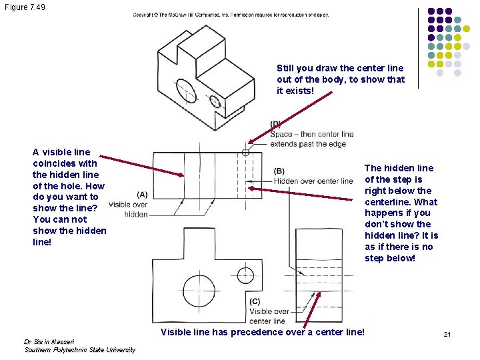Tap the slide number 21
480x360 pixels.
pos(447,333)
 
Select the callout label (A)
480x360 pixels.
pos(142,194)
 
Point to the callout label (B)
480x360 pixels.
pos(279,171)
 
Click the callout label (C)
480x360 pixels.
pos(255,301)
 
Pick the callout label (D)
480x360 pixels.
pos(275,124)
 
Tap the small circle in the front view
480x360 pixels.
pos(247,275)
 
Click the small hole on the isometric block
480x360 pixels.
pos(215,101)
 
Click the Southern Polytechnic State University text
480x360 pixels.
pos(79,350)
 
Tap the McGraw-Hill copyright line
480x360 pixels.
pos(230,14)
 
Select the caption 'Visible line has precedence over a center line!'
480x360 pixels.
pos(263,332)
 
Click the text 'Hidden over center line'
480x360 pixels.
pos(313,181)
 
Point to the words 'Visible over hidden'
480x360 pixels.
pos(127,209)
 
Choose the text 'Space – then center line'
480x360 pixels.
pos(312,135)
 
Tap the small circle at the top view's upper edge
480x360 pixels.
pos(246,153)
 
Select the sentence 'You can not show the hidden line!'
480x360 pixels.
pos(69,230)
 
